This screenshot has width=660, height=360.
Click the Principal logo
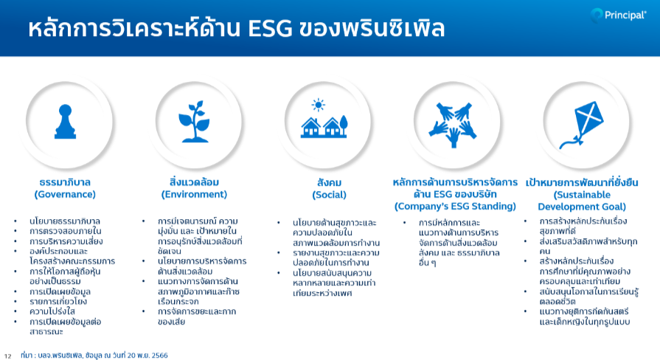(618, 15)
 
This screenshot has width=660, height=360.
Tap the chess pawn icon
(65, 122)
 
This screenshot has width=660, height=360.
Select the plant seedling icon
(194, 121)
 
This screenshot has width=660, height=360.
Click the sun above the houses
(319, 105)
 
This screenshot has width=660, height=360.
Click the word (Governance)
(65, 195)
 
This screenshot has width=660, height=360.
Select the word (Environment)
(194, 195)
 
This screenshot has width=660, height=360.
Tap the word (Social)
(329, 195)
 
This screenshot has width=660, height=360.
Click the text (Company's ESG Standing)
(455, 207)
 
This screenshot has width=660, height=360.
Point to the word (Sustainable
(582, 195)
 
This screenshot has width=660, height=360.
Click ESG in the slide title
(270, 29)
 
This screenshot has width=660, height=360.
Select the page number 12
(7, 356)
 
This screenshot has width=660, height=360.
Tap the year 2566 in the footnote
(159, 356)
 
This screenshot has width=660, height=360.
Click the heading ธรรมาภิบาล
(65, 182)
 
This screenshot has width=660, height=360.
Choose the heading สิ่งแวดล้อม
(194, 182)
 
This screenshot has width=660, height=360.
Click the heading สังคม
(329, 183)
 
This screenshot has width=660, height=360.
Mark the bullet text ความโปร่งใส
(52, 311)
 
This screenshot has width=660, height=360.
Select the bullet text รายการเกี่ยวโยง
(58, 302)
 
